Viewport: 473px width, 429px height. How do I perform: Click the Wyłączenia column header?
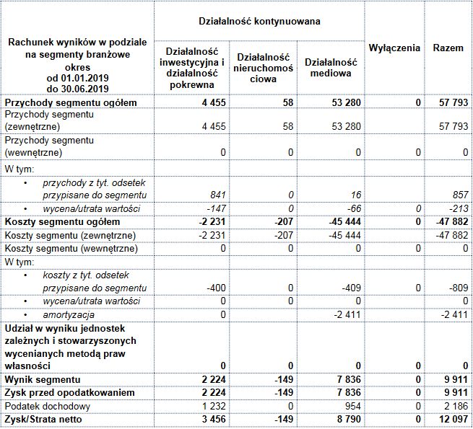pyautogui.click(x=394, y=48)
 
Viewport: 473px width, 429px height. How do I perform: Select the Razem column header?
pyautogui.click(x=448, y=48)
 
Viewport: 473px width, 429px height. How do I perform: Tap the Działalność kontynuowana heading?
pyautogui.click(x=259, y=22)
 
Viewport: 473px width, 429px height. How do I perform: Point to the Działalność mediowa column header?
pyautogui.click(x=329, y=68)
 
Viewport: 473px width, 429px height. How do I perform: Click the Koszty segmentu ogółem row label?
pyautogui.click(x=62, y=221)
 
